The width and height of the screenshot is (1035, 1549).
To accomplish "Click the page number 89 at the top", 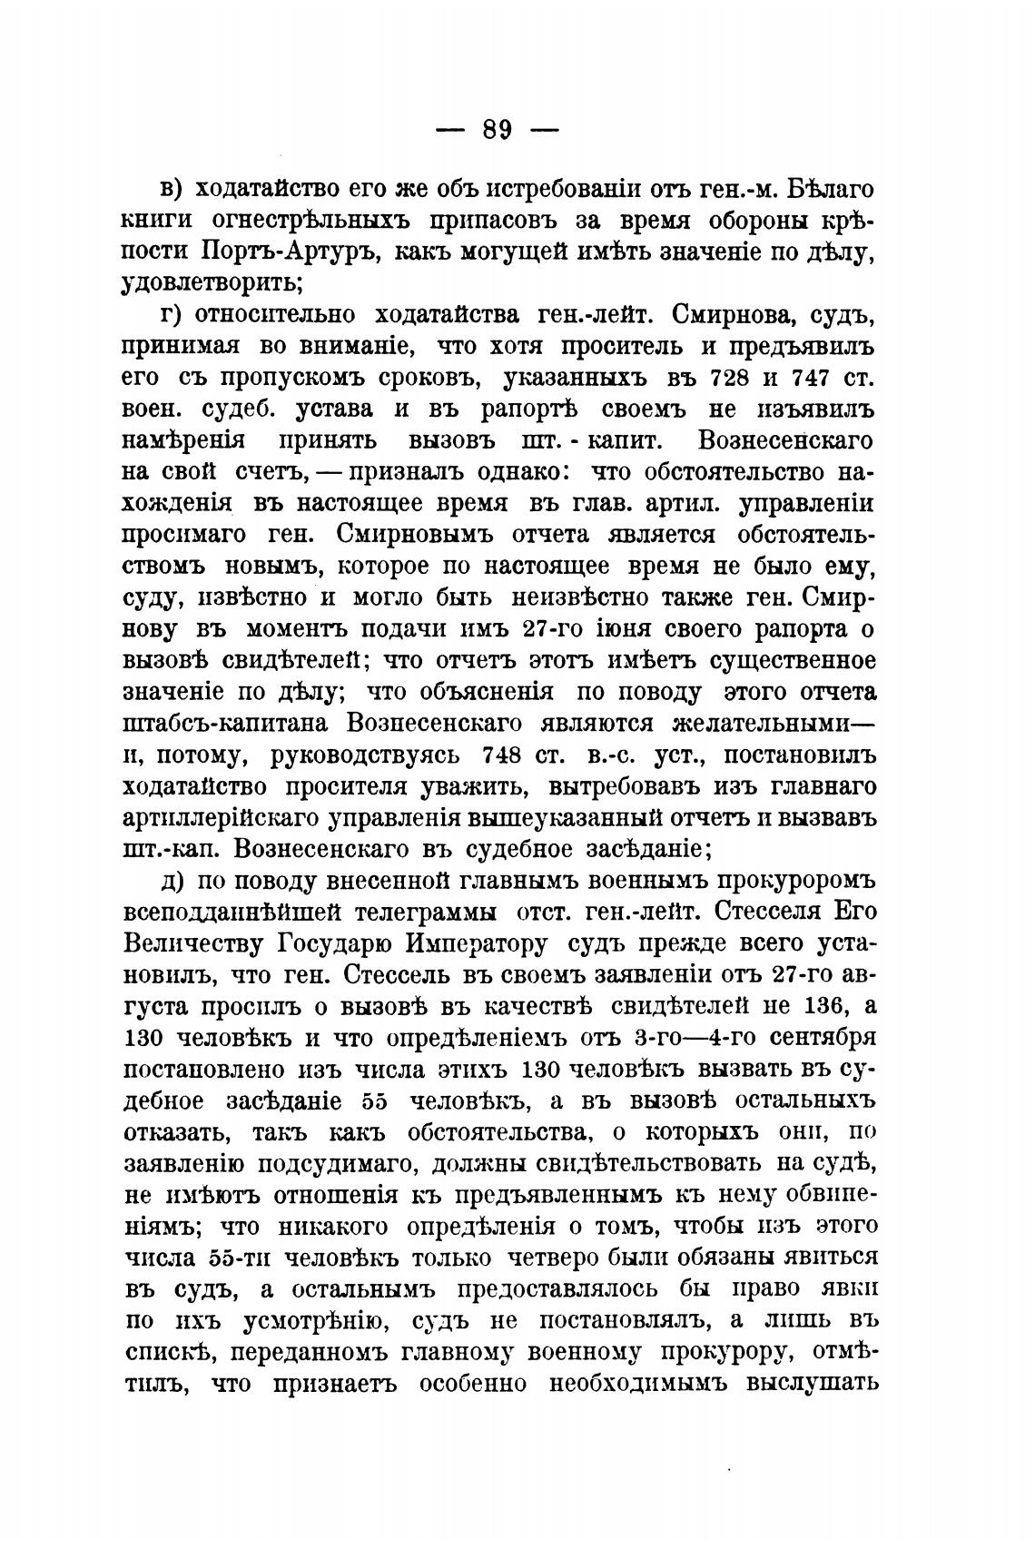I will coord(498,129).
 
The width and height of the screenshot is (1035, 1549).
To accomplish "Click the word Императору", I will coord(477,944).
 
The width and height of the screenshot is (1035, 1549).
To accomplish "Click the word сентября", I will coord(821,1038).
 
